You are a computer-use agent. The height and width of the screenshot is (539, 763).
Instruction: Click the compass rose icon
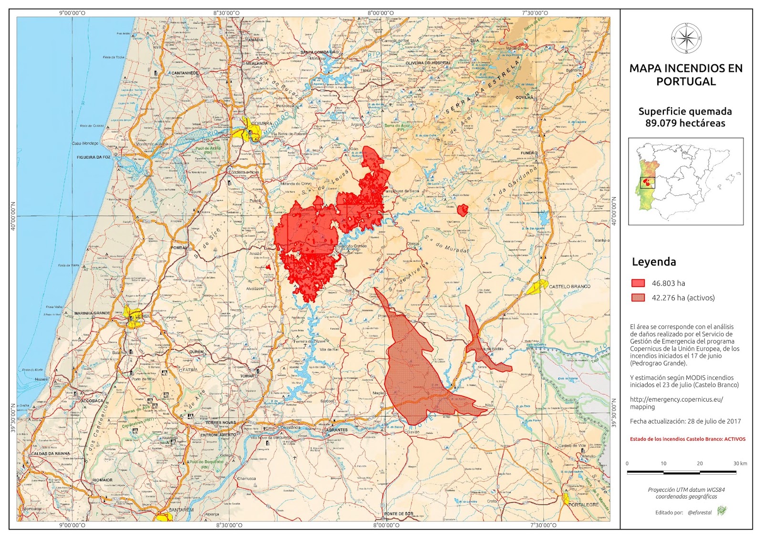tap(686, 38)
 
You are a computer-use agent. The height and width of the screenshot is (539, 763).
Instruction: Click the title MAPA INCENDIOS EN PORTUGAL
tap(686, 75)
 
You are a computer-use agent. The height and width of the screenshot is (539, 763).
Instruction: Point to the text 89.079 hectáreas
tap(685, 123)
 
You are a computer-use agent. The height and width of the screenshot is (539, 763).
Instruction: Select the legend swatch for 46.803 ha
tap(638, 283)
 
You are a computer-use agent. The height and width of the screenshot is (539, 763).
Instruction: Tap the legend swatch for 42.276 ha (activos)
tap(638, 298)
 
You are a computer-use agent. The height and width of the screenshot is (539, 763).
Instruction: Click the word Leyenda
tap(654, 262)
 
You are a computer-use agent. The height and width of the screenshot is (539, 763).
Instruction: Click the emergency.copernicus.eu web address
tap(676, 403)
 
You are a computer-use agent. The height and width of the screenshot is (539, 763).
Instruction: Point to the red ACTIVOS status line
tap(687, 439)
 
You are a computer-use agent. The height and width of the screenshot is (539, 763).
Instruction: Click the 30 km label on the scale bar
tap(740, 463)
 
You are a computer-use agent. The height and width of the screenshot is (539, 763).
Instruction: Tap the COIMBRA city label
tap(261, 123)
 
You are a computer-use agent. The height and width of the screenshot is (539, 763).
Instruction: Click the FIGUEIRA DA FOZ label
tap(93, 157)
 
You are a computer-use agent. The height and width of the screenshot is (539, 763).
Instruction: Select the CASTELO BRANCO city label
tap(569, 286)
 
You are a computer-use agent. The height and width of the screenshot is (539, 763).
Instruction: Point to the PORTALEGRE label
tap(584, 505)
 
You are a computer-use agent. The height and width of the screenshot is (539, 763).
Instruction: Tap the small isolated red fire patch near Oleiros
tap(462, 210)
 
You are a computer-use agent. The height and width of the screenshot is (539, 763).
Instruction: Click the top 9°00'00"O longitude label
tap(72, 13)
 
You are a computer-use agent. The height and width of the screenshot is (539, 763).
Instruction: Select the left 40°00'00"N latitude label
tap(13, 216)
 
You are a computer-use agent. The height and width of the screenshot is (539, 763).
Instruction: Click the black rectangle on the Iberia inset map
tap(648, 183)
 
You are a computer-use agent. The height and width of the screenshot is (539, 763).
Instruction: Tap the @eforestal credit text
tap(700, 513)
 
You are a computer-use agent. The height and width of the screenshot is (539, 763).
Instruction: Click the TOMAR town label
tap(247, 376)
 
